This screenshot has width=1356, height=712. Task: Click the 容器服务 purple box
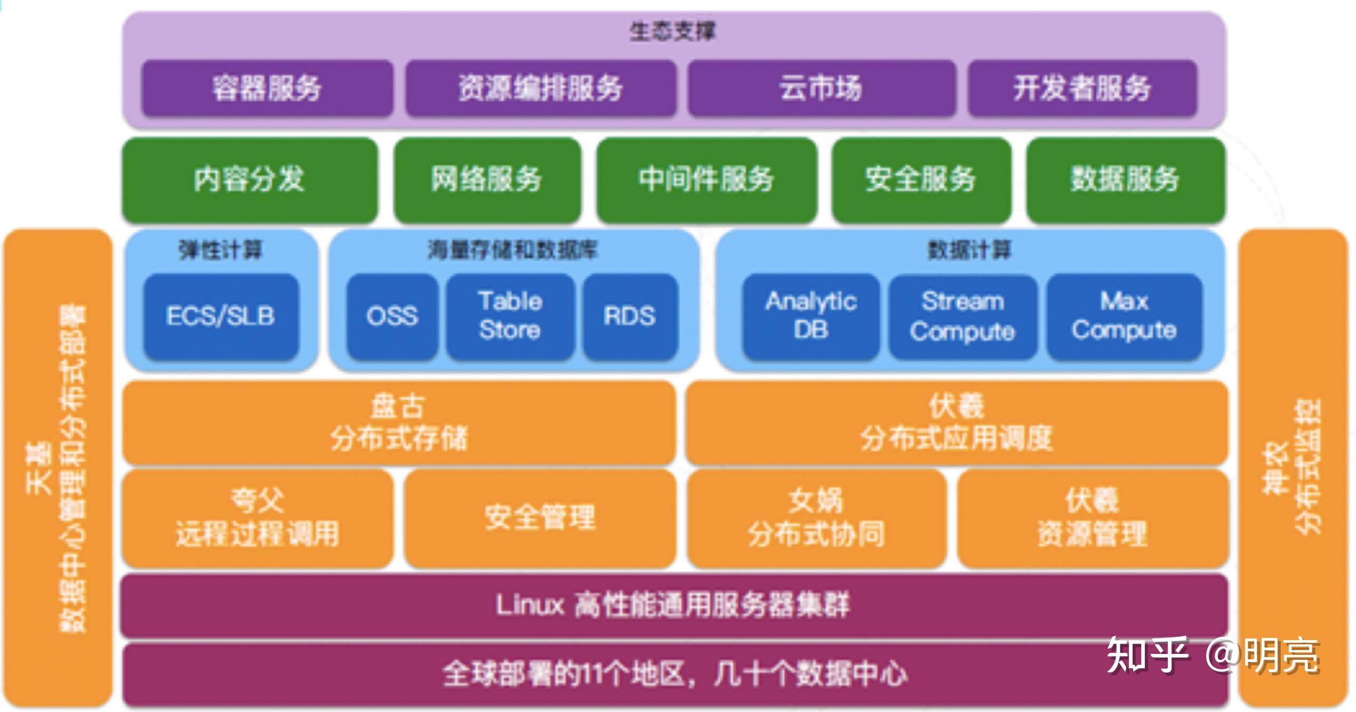(267, 88)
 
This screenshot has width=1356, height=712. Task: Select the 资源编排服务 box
(541, 88)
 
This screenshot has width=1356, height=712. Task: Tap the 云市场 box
(821, 88)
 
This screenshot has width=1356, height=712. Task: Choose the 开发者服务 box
(1082, 88)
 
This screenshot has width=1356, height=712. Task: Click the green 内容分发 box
(250, 180)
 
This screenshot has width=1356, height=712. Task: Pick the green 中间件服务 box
(707, 180)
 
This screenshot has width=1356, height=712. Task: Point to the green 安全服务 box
(921, 180)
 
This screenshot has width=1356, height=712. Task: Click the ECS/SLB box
(221, 317)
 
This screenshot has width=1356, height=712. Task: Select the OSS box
(392, 317)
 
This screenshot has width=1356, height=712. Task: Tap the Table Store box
(510, 317)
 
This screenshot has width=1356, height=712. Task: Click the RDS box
(630, 317)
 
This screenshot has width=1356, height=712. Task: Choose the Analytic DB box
(811, 317)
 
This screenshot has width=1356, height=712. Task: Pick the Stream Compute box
(962, 317)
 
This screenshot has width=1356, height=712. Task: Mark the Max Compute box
(1124, 317)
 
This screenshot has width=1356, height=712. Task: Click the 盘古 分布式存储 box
(399, 423)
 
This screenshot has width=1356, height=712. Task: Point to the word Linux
(529, 605)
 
